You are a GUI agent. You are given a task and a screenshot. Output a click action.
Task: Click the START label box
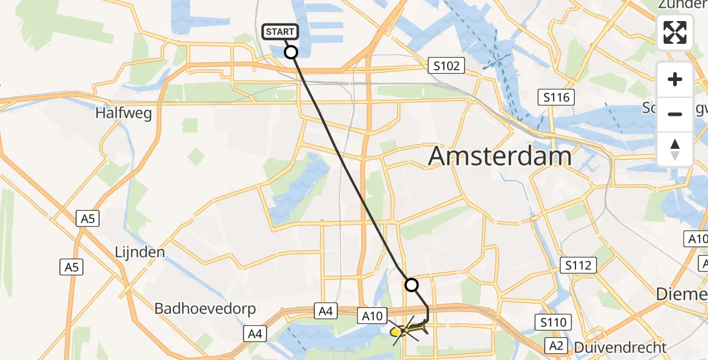click(x=280, y=32)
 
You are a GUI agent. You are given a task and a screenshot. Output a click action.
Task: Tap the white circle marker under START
click(x=291, y=52)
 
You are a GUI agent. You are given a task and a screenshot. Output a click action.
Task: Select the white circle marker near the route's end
click(x=412, y=285)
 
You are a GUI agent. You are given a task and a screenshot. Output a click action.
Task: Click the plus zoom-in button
click(x=675, y=79)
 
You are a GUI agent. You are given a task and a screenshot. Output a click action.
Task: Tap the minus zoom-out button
click(x=675, y=114)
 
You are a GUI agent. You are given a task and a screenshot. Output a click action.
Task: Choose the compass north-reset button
click(x=675, y=149)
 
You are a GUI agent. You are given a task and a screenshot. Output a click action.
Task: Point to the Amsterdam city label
click(x=500, y=157)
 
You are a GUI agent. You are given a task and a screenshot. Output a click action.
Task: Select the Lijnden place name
click(x=140, y=252)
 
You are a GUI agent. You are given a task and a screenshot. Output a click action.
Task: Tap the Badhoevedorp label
click(x=205, y=309)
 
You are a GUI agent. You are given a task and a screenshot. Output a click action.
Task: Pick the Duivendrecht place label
click(x=620, y=347)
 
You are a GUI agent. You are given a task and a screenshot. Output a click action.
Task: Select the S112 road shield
click(x=578, y=265)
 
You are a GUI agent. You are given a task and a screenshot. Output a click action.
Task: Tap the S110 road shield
click(x=553, y=323)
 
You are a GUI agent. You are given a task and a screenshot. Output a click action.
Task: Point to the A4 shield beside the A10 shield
click(x=325, y=311)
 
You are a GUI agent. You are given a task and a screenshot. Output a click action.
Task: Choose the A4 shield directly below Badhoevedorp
click(x=254, y=334)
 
